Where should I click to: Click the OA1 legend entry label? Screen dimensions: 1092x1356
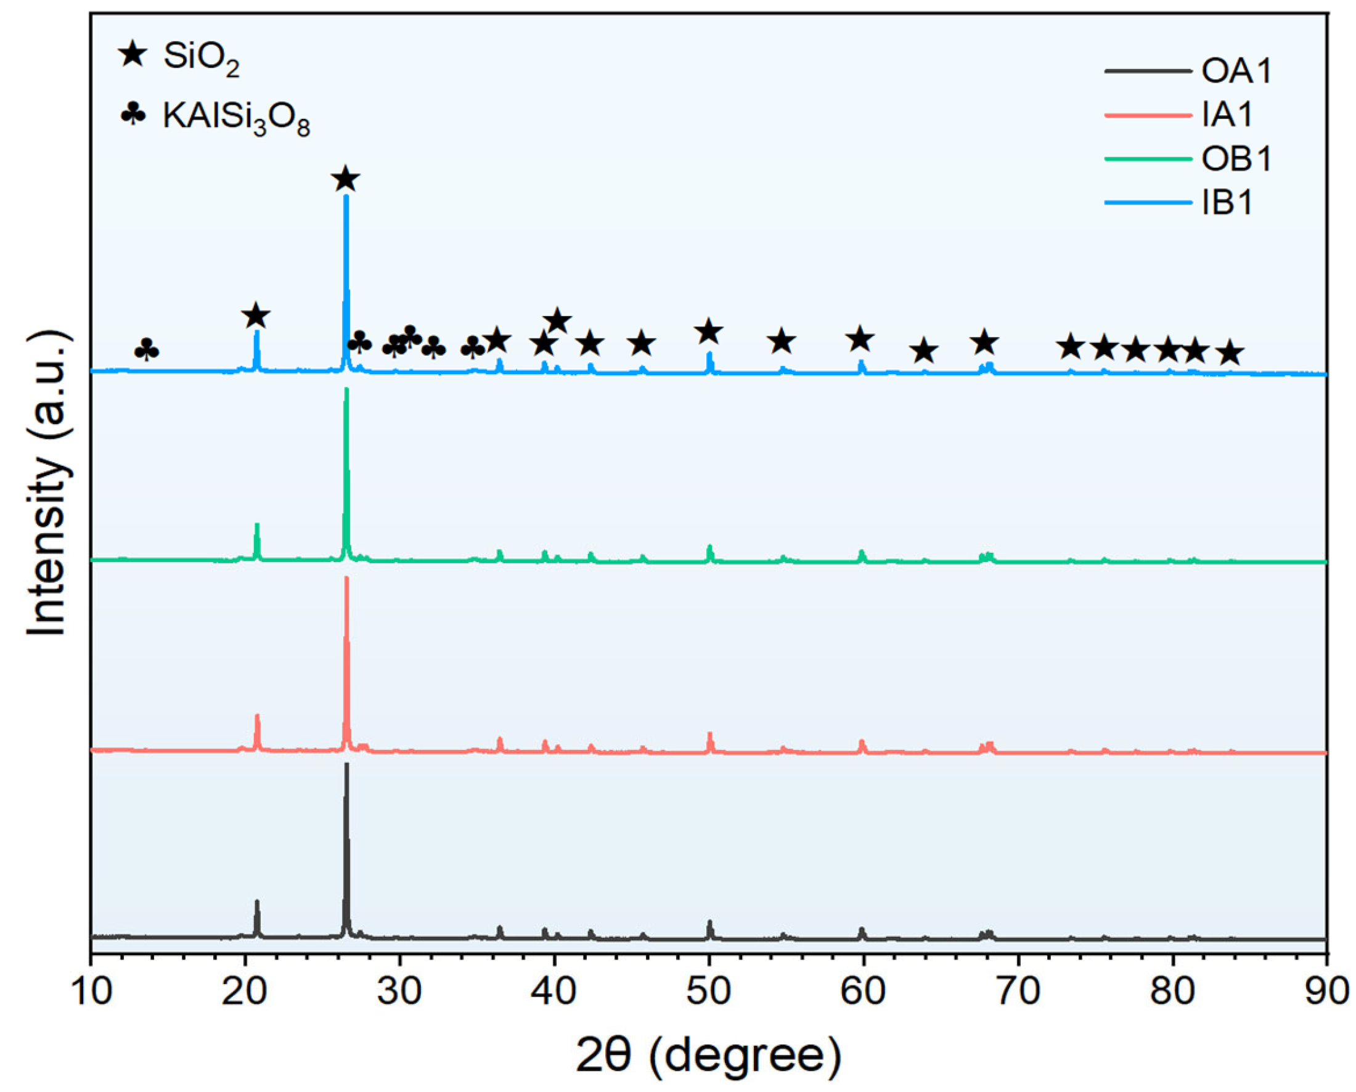[1236, 70]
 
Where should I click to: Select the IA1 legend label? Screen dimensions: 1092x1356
[1227, 115]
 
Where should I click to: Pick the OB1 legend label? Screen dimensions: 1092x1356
[1236, 158]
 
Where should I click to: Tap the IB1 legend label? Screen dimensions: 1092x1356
[1227, 203]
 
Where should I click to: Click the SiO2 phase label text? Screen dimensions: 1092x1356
[202, 58]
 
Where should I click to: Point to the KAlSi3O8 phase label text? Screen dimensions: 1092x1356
[236, 117]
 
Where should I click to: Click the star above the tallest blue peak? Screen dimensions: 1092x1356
[345, 179]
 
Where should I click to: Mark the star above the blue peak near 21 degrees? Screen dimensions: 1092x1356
[255, 316]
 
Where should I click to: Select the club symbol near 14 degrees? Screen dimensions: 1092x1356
[147, 350]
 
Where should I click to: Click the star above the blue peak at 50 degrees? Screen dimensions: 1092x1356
[709, 332]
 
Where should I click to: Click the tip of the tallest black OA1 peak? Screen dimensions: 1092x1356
[346, 765]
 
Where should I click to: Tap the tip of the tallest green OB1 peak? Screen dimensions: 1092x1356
[346, 389]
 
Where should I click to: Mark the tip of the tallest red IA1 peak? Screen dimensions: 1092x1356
[346, 578]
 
